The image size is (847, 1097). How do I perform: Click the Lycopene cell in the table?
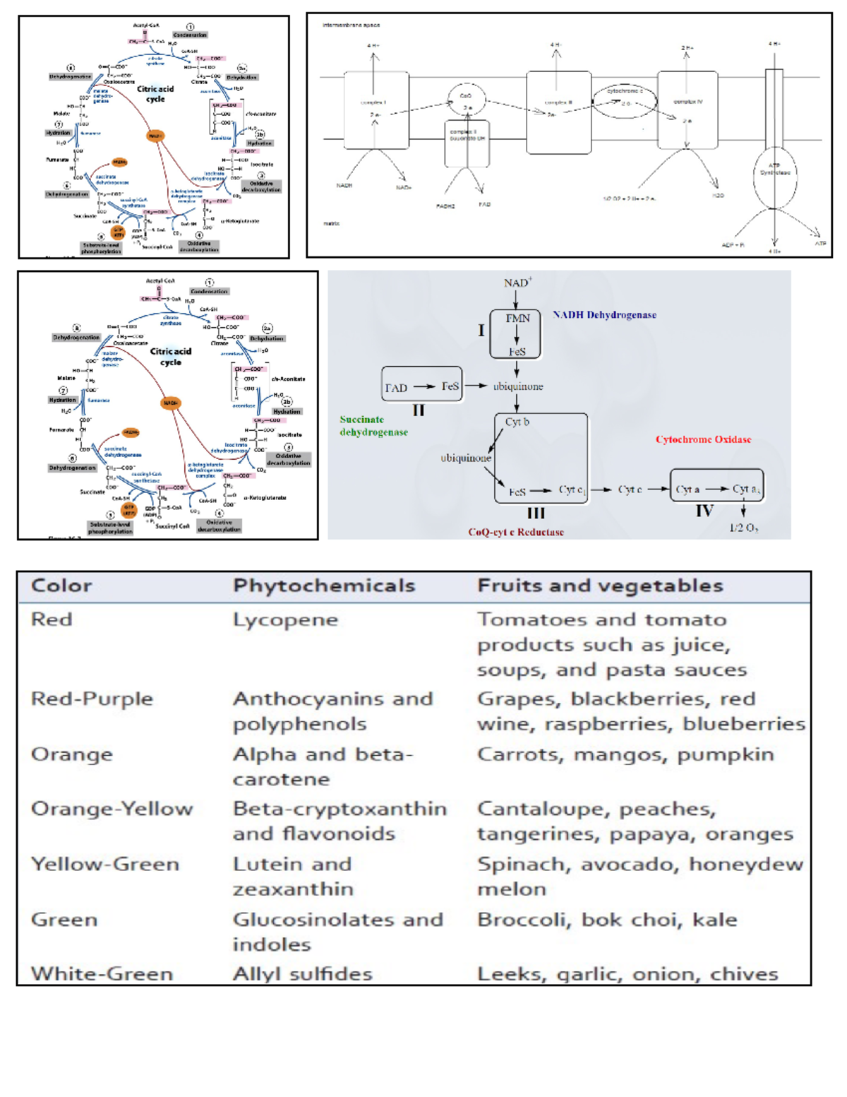(x=285, y=620)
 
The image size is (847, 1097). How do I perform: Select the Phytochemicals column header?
(x=324, y=586)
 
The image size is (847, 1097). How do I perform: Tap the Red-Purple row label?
(x=92, y=699)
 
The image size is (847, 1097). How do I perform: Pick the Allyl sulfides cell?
(x=302, y=973)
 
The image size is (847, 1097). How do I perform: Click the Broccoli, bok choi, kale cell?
(x=607, y=919)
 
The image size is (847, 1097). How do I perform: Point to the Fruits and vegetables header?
(x=600, y=586)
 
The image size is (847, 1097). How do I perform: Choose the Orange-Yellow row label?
(x=112, y=809)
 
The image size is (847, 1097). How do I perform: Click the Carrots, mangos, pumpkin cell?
(x=625, y=754)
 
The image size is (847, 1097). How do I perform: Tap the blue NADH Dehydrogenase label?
(x=604, y=315)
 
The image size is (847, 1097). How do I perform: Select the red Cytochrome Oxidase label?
(x=703, y=439)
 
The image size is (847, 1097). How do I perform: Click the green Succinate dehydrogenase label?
(x=373, y=425)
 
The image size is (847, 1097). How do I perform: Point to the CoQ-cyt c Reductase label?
(x=516, y=532)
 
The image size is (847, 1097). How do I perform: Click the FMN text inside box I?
(x=517, y=319)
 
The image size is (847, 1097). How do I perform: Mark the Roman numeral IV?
(x=704, y=510)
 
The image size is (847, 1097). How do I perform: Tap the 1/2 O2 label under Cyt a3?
(x=743, y=528)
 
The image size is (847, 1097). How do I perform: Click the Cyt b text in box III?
(x=517, y=422)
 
